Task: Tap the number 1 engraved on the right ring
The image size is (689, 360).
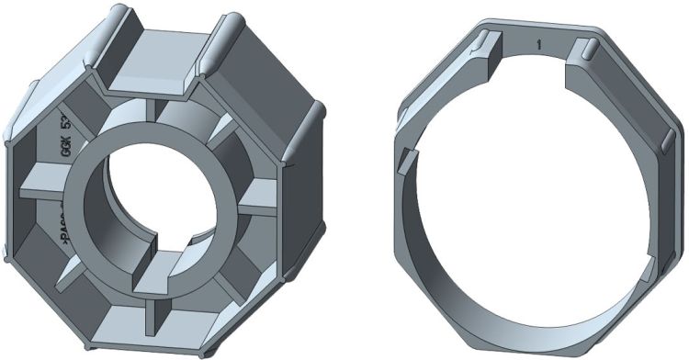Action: [538, 42]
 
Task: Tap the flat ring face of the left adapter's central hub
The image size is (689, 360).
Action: [101, 211]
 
